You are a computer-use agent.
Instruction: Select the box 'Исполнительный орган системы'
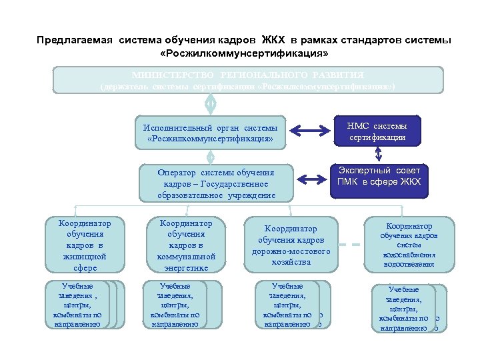coord(209,133)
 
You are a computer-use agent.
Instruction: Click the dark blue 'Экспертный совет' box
coord(379,177)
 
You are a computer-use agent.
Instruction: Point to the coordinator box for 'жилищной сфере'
coord(85,245)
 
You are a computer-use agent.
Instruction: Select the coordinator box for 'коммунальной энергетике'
coord(186,245)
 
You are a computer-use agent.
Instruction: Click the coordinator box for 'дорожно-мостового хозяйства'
coord(291,245)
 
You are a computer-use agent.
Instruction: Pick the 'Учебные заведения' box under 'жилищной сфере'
coord(79,305)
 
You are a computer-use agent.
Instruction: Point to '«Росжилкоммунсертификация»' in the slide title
coord(245,52)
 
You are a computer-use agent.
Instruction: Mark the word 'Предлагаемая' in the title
coord(75,40)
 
